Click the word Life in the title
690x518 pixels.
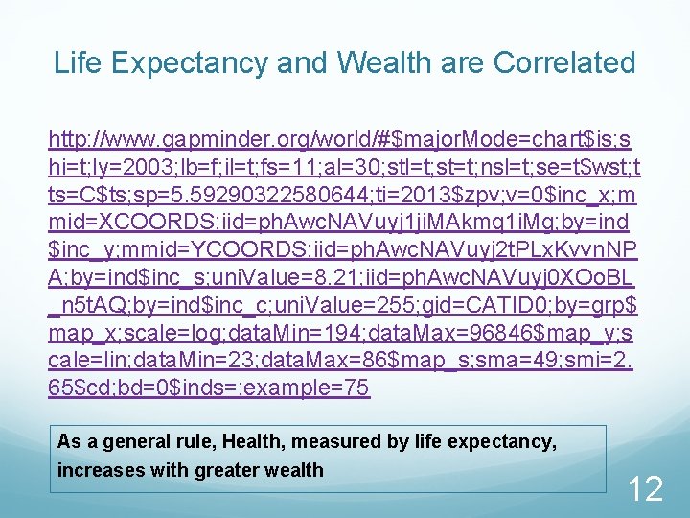[76, 63]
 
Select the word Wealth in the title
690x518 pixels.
[379, 63]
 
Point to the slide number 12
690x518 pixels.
[644, 489]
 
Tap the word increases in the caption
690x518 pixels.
[94, 470]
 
